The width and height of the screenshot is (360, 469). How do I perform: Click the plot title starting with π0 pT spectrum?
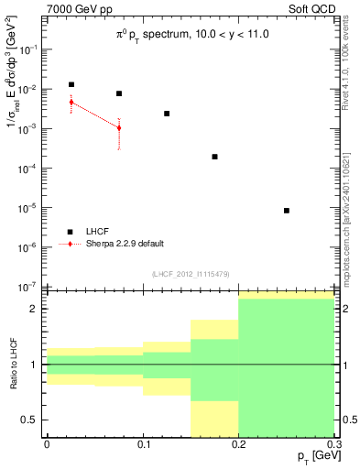pyautogui.click(x=192, y=35)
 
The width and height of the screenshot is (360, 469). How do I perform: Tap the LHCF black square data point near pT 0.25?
pyautogui.click(x=287, y=211)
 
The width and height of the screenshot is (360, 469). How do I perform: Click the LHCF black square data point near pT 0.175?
pyautogui.click(x=214, y=157)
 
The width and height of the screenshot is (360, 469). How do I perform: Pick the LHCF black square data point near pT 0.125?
pyautogui.click(x=167, y=114)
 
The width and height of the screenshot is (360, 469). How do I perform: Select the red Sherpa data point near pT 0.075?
pyautogui.click(x=119, y=127)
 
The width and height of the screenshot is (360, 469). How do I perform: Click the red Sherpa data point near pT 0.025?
pyautogui.click(x=71, y=102)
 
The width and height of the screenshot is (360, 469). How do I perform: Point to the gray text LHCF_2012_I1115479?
pyautogui.click(x=191, y=275)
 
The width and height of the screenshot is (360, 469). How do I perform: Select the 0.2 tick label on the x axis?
pyautogui.click(x=239, y=444)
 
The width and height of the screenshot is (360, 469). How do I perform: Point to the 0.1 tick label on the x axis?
pyautogui.click(x=143, y=444)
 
